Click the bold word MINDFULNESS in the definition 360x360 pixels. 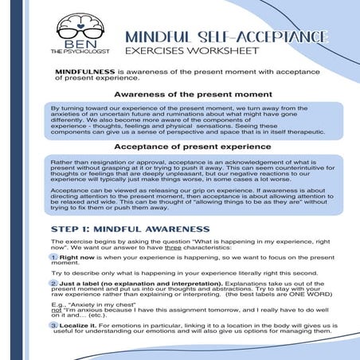(81, 71)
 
